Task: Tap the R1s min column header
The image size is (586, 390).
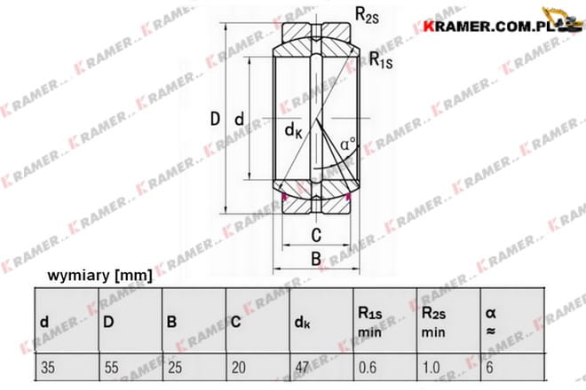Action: (370, 322)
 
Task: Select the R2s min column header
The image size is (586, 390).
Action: (433, 322)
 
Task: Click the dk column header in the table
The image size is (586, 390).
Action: (303, 323)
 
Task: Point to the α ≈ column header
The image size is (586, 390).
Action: (491, 322)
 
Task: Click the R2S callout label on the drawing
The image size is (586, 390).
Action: (367, 16)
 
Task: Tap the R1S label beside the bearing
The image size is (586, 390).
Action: (381, 60)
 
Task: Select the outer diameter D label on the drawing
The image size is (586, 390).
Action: (215, 119)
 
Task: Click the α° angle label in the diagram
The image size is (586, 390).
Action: (348, 144)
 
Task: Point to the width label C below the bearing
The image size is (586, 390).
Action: (316, 235)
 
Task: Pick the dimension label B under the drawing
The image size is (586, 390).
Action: (316, 259)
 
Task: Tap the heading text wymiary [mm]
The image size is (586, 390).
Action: (100, 276)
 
